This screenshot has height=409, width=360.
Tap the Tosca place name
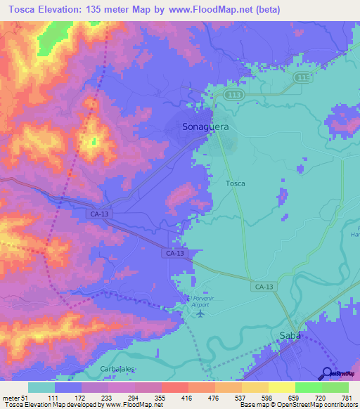click(x=236, y=183)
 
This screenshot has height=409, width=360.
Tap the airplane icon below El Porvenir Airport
click(x=201, y=313)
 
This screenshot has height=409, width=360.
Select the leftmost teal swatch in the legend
click(x=41, y=387)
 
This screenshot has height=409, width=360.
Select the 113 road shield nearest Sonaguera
click(x=232, y=94)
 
